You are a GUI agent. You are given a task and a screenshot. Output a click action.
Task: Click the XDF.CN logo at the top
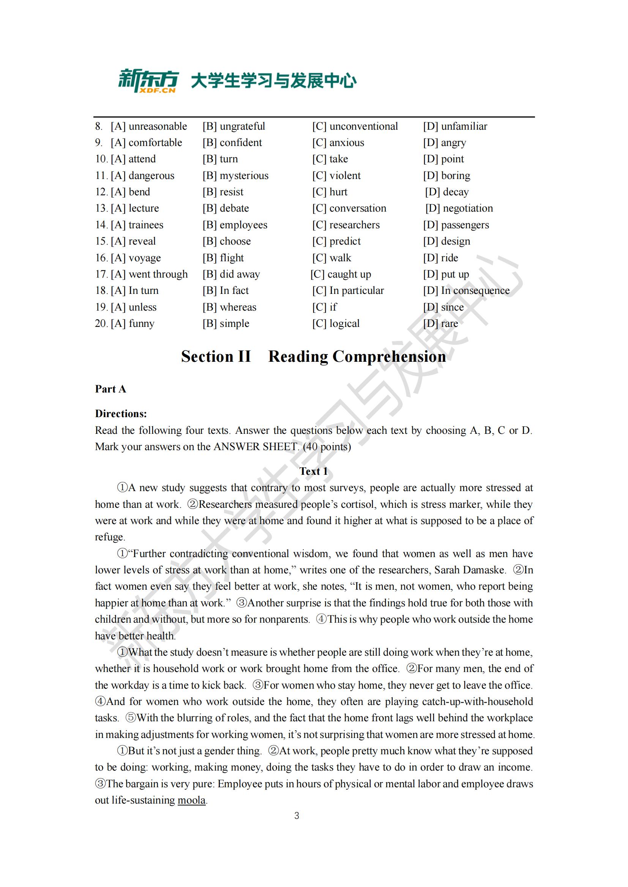tap(148, 81)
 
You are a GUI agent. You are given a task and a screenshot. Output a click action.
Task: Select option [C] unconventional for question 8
tap(355, 126)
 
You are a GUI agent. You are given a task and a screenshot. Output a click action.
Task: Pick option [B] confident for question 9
tap(232, 143)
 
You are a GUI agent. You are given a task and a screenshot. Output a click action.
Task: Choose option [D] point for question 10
tap(443, 159)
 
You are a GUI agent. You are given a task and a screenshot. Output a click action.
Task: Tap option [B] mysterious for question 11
tap(235, 176)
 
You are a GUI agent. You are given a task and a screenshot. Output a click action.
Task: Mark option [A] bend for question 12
tap(130, 192)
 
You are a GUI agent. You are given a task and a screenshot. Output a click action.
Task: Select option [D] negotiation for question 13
tap(459, 208)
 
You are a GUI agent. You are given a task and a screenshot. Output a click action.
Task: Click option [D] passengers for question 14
tap(456, 225)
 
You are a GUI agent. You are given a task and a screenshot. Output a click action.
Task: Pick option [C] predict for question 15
tap(336, 241)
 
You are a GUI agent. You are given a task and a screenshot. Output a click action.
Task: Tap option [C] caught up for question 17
tap(341, 274)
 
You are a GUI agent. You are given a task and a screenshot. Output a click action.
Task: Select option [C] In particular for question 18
tap(348, 290)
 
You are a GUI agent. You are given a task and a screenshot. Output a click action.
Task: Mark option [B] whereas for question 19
tap(229, 307)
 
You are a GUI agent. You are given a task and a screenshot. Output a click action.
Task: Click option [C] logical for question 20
tap(336, 323)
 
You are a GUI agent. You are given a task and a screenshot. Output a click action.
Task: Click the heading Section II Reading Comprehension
tap(313, 356)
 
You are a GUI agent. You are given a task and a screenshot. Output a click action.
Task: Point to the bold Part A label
tap(110, 389)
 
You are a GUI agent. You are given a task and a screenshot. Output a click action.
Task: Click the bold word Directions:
tap(121, 414)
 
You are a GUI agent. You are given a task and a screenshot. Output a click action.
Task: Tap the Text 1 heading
tap(314, 471)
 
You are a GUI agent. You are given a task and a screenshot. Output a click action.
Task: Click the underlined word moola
tap(191, 800)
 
